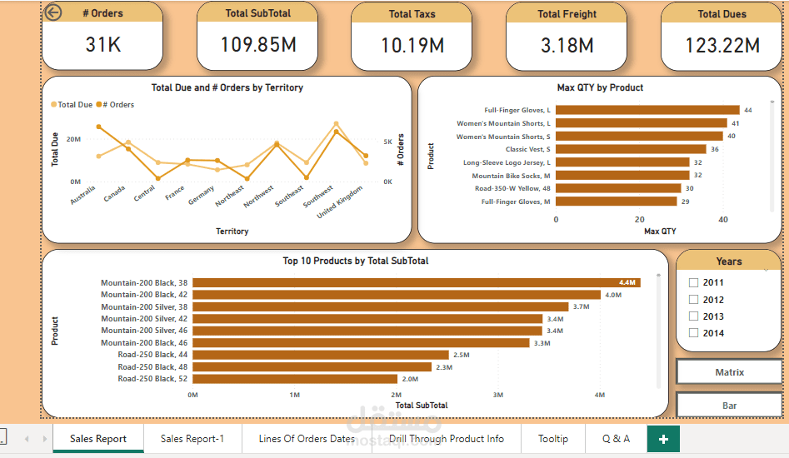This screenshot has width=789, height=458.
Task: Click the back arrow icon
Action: (x=52, y=12)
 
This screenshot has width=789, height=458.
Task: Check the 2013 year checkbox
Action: (x=694, y=316)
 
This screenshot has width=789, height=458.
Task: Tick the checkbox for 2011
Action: (x=694, y=282)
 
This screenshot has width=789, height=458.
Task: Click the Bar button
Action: (x=729, y=406)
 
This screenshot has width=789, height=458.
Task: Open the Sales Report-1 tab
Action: (x=192, y=439)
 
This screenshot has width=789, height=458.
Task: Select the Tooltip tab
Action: (x=553, y=439)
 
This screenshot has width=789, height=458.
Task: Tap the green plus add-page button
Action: (x=663, y=439)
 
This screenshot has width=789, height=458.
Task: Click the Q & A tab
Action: (x=616, y=439)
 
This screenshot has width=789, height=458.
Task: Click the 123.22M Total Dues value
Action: (x=722, y=45)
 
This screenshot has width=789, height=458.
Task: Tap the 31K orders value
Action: (x=103, y=45)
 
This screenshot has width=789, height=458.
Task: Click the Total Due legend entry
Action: (x=75, y=105)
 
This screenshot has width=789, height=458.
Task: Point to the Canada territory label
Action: (x=114, y=194)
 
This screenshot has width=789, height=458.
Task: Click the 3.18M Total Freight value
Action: (x=567, y=45)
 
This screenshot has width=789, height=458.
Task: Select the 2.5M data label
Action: (x=462, y=355)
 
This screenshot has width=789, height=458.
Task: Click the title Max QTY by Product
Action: (x=600, y=87)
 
